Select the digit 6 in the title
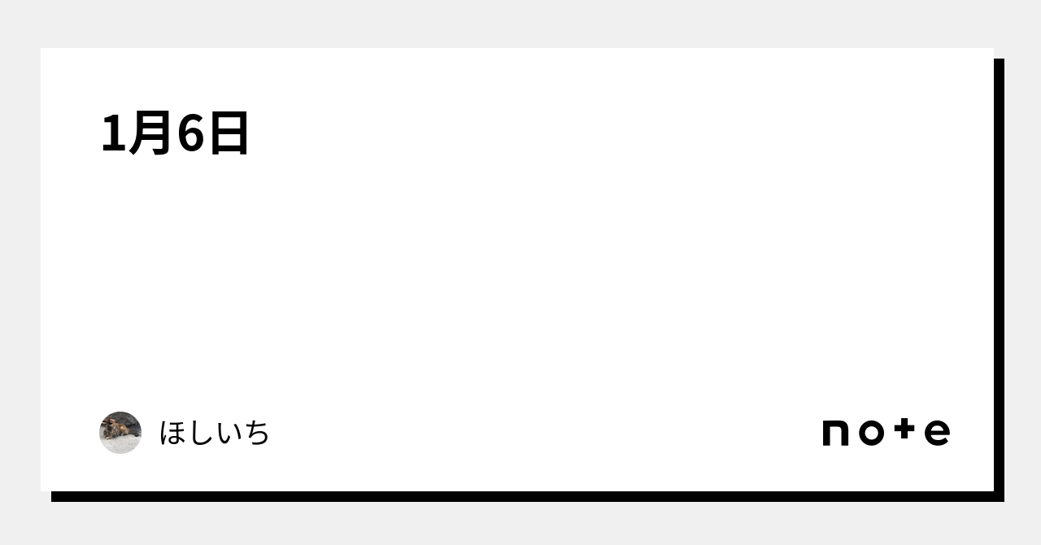(x=190, y=133)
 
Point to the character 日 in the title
(x=229, y=133)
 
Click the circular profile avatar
(x=120, y=433)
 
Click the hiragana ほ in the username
(x=174, y=433)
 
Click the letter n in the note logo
(x=835, y=433)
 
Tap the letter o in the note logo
(x=871, y=433)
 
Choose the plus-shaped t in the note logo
(x=904, y=429)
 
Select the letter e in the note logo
(x=938, y=433)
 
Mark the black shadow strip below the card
(x=528, y=497)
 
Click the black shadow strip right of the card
(x=1000, y=280)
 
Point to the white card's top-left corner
(x=41, y=48)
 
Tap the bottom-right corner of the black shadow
(x=1004, y=501)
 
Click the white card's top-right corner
(x=994, y=48)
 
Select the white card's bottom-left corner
(x=41, y=491)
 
